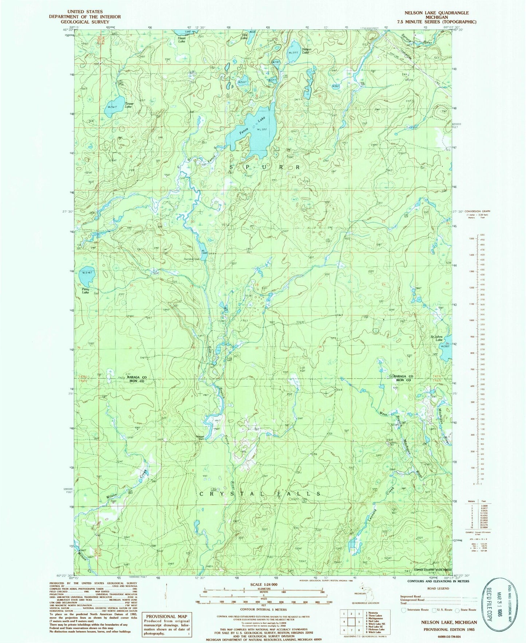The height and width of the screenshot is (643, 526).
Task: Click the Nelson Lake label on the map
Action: tap(306, 52)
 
